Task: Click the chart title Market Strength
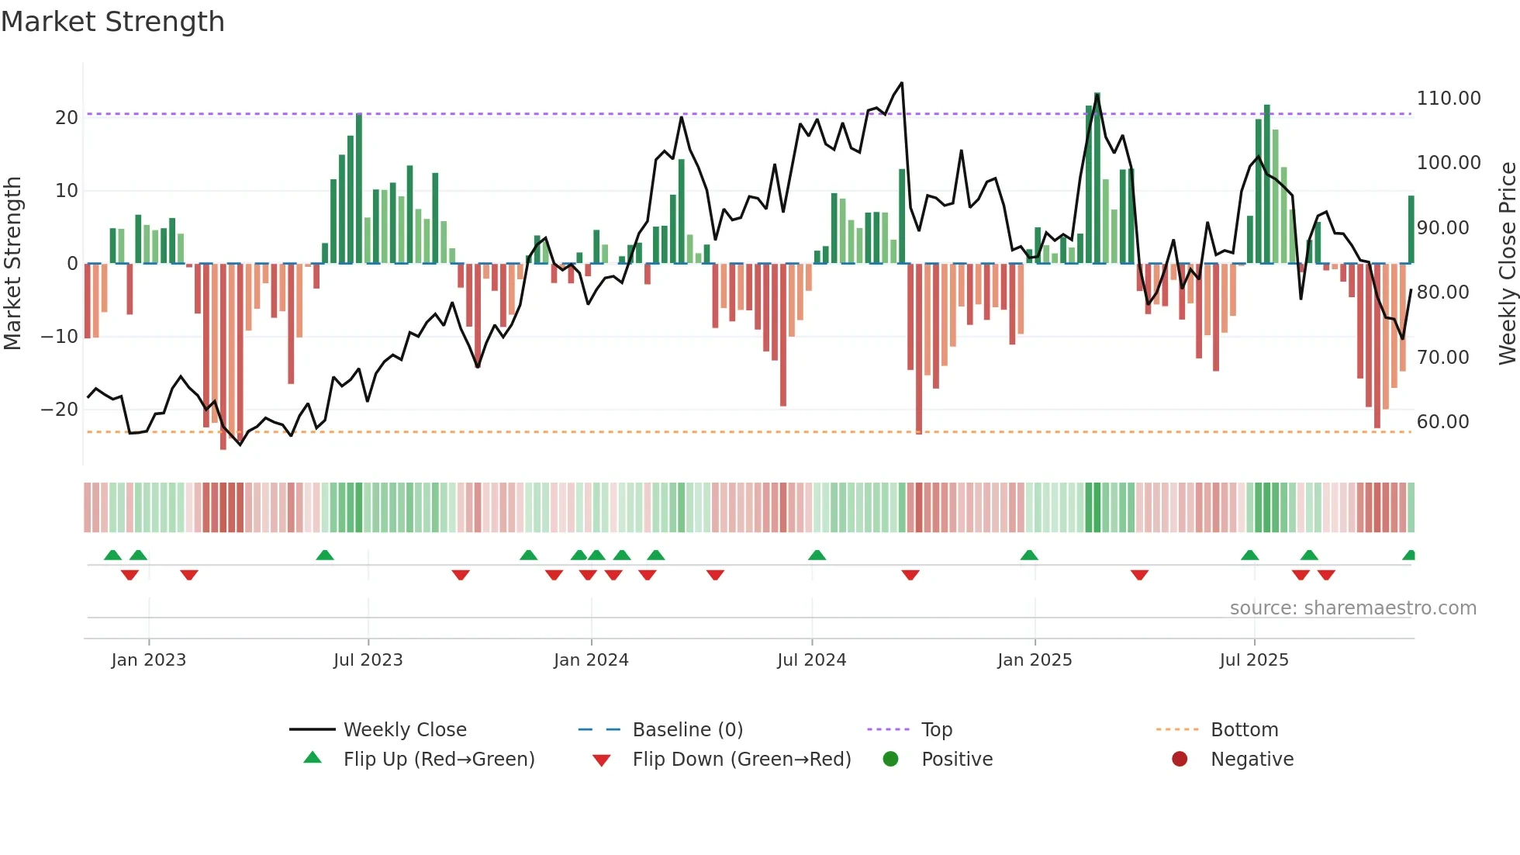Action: pyautogui.click(x=112, y=22)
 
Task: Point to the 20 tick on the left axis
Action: pyautogui.click(x=67, y=118)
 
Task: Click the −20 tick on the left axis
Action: pyautogui.click(x=60, y=410)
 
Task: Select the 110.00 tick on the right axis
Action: pyautogui.click(x=1449, y=99)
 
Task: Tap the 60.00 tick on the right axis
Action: pyautogui.click(x=1442, y=422)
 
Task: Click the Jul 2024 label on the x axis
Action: pyautogui.click(x=811, y=660)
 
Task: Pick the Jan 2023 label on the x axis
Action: pyautogui.click(x=148, y=660)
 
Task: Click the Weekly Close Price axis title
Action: pyautogui.click(x=1507, y=264)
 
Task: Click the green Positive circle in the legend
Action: pyautogui.click(x=890, y=760)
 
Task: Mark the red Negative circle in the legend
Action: pyautogui.click(x=1180, y=760)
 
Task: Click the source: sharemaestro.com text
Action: pyautogui.click(x=1352, y=608)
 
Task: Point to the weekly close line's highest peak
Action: pyautogui.click(x=901, y=83)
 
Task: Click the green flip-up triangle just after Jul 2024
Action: pyautogui.click(x=817, y=556)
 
